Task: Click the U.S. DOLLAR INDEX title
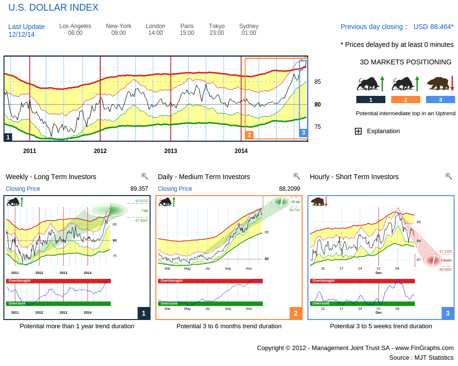click(53, 8)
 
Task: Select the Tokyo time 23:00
click(217, 33)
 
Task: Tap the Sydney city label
click(249, 26)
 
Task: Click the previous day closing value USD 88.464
click(433, 27)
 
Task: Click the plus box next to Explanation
click(358, 131)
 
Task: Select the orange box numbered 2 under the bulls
click(405, 100)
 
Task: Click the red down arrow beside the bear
click(452, 83)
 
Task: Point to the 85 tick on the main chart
click(318, 82)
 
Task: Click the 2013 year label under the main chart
click(170, 151)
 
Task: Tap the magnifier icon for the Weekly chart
click(144, 176)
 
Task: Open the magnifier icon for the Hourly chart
click(448, 176)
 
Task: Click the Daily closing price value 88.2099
click(290, 189)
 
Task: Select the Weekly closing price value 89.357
click(139, 189)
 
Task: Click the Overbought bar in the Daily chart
click(210, 281)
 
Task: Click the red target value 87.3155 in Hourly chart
click(445, 252)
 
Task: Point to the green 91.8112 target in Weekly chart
click(141, 200)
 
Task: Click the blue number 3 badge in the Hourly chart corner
click(447, 314)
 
